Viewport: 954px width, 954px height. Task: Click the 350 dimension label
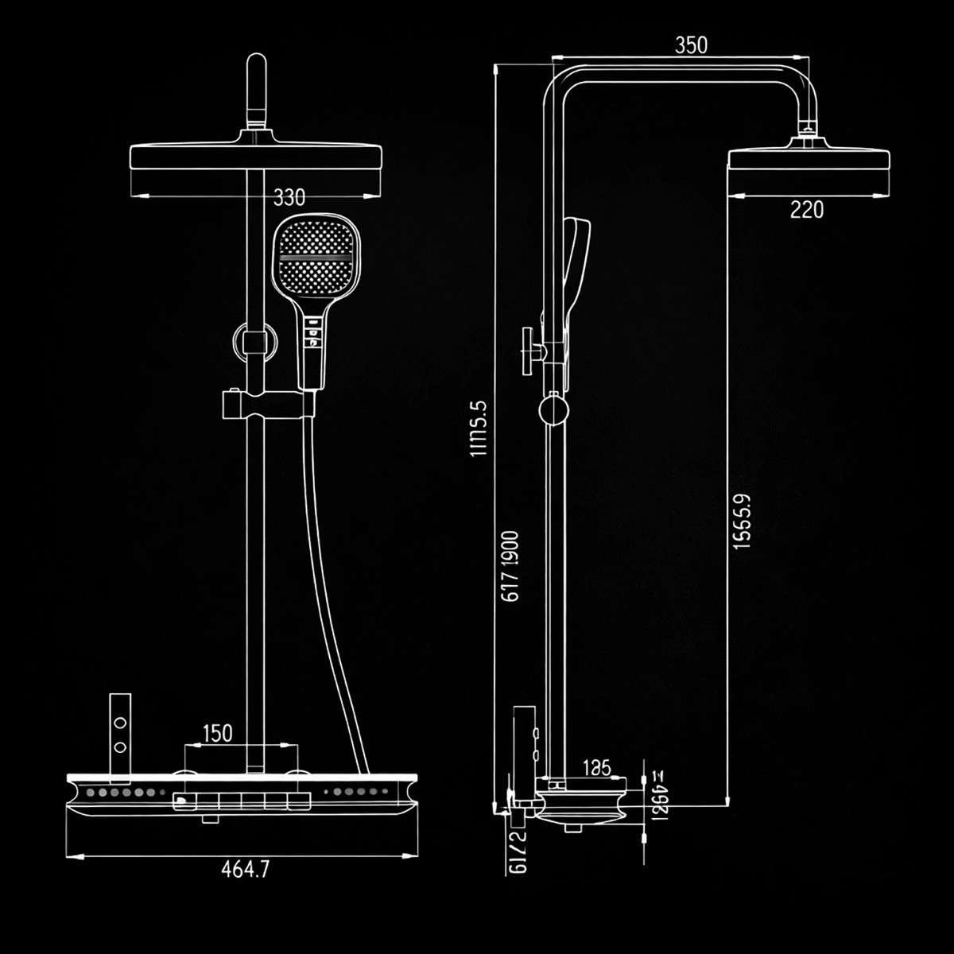click(690, 45)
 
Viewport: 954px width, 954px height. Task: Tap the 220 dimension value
click(806, 210)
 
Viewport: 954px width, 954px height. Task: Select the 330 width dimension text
click(289, 196)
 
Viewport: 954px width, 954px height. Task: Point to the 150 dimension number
click(217, 732)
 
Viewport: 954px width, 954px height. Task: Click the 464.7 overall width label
click(245, 870)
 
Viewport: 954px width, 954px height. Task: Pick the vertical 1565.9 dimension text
click(741, 522)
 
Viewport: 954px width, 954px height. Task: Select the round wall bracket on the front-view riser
click(254, 342)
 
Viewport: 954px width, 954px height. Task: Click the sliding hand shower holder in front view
click(266, 405)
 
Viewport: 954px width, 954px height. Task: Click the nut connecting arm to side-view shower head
click(808, 126)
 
